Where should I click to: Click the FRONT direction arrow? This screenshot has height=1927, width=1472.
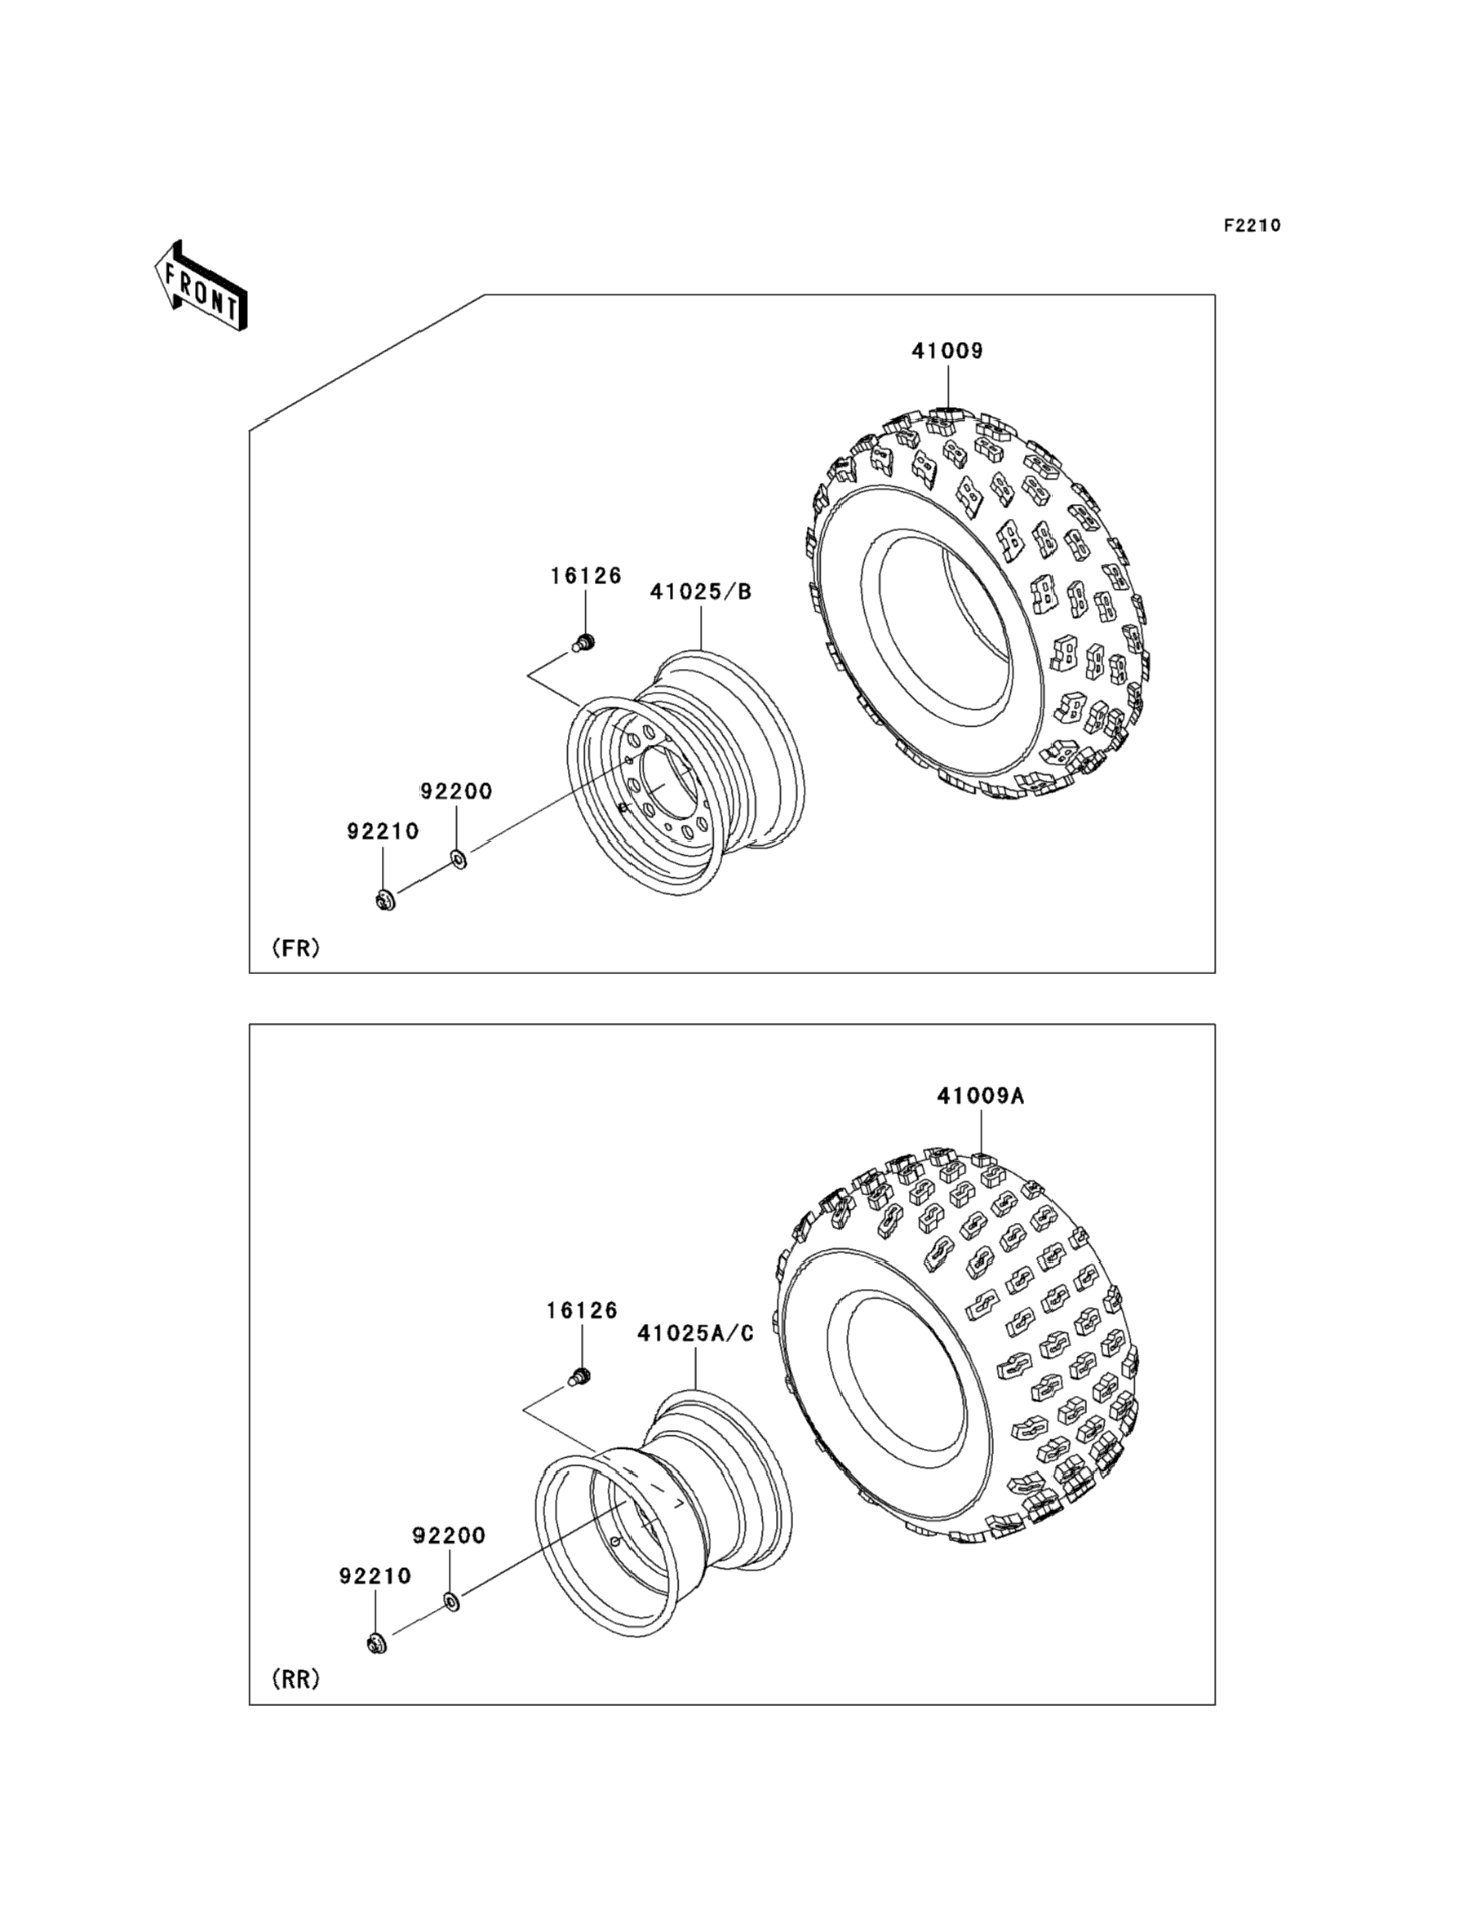pos(201,286)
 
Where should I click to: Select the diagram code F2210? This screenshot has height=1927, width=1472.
pos(1252,225)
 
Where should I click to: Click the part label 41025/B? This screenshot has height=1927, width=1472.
pos(701,592)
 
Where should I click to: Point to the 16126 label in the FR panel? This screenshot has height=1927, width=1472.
pos(586,575)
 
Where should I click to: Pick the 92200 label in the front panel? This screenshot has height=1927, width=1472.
pos(456,791)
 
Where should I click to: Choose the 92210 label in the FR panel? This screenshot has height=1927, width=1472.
pos(383,831)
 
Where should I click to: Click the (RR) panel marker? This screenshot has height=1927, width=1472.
pos(296,1678)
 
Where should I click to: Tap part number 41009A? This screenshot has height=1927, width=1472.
pos(981,1096)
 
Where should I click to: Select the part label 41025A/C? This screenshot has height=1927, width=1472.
pos(696,1333)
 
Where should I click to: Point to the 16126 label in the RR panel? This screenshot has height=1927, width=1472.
pos(582,1310)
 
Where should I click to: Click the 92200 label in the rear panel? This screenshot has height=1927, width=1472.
pos(449,1535)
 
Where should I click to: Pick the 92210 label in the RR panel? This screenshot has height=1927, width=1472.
pos(375,1575)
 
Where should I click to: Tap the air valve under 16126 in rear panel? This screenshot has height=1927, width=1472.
pos(580,1377)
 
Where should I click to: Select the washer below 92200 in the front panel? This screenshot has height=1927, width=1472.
pos(459,857)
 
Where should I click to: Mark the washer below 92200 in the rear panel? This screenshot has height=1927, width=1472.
pos(451,1602)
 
